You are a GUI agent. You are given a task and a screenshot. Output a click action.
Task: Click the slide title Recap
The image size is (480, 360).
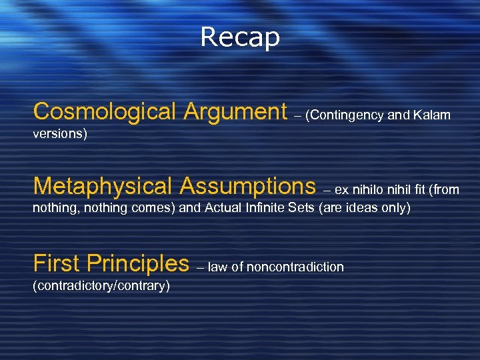[240, 37]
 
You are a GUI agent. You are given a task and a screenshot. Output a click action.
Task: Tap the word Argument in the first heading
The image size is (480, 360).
[234, 111]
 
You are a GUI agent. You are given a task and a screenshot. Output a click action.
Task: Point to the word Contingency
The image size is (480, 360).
[346, 115]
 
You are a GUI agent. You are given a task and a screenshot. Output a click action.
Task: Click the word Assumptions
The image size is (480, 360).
[246, 185]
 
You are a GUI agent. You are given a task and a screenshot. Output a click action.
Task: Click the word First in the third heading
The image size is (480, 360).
[57, 263]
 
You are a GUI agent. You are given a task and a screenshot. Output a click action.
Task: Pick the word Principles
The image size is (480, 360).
[140, 263]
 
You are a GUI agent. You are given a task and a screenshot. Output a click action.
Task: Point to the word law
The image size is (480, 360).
[217, 267]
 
